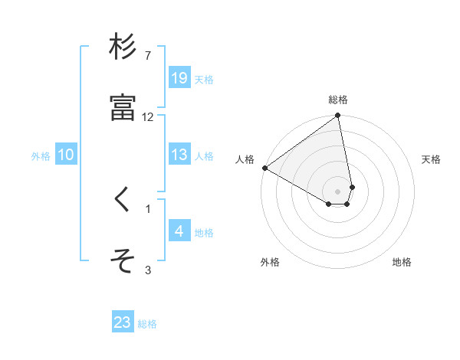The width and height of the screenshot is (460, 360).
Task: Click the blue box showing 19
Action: (x=179, y=77)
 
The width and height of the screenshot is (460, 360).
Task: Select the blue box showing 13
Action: (x=179, y=155)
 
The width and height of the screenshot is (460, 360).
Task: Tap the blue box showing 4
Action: (x=179, y=231)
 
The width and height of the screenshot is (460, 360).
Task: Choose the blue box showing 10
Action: (x=66, y=155)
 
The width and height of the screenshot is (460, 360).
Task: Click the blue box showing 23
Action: (x=123, y=322)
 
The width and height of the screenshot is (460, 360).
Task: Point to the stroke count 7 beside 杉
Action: (x=148, y=56)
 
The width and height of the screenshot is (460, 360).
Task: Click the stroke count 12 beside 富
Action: (x=148, y=117)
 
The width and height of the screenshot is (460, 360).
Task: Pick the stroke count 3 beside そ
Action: (x=148, y=270)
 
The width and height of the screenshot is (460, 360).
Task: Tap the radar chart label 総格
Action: (x=338, y=100)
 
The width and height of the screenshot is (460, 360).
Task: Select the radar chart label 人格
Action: (x=245, y=159)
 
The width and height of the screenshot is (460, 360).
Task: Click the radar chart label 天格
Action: (x=431, y=159)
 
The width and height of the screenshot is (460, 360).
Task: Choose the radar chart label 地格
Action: (x=402, y=262)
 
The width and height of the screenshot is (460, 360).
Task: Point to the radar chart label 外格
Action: (x=270, y=262)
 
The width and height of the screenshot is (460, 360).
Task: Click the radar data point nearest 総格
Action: (x=338, y=116)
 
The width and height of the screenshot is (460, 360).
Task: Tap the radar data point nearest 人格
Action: (x=264, y=168)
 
